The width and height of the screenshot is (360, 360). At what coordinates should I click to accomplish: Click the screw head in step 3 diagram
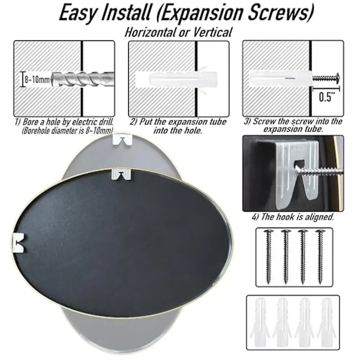click(338, 77)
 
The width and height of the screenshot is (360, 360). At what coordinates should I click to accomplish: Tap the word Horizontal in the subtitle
click(151, 32)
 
